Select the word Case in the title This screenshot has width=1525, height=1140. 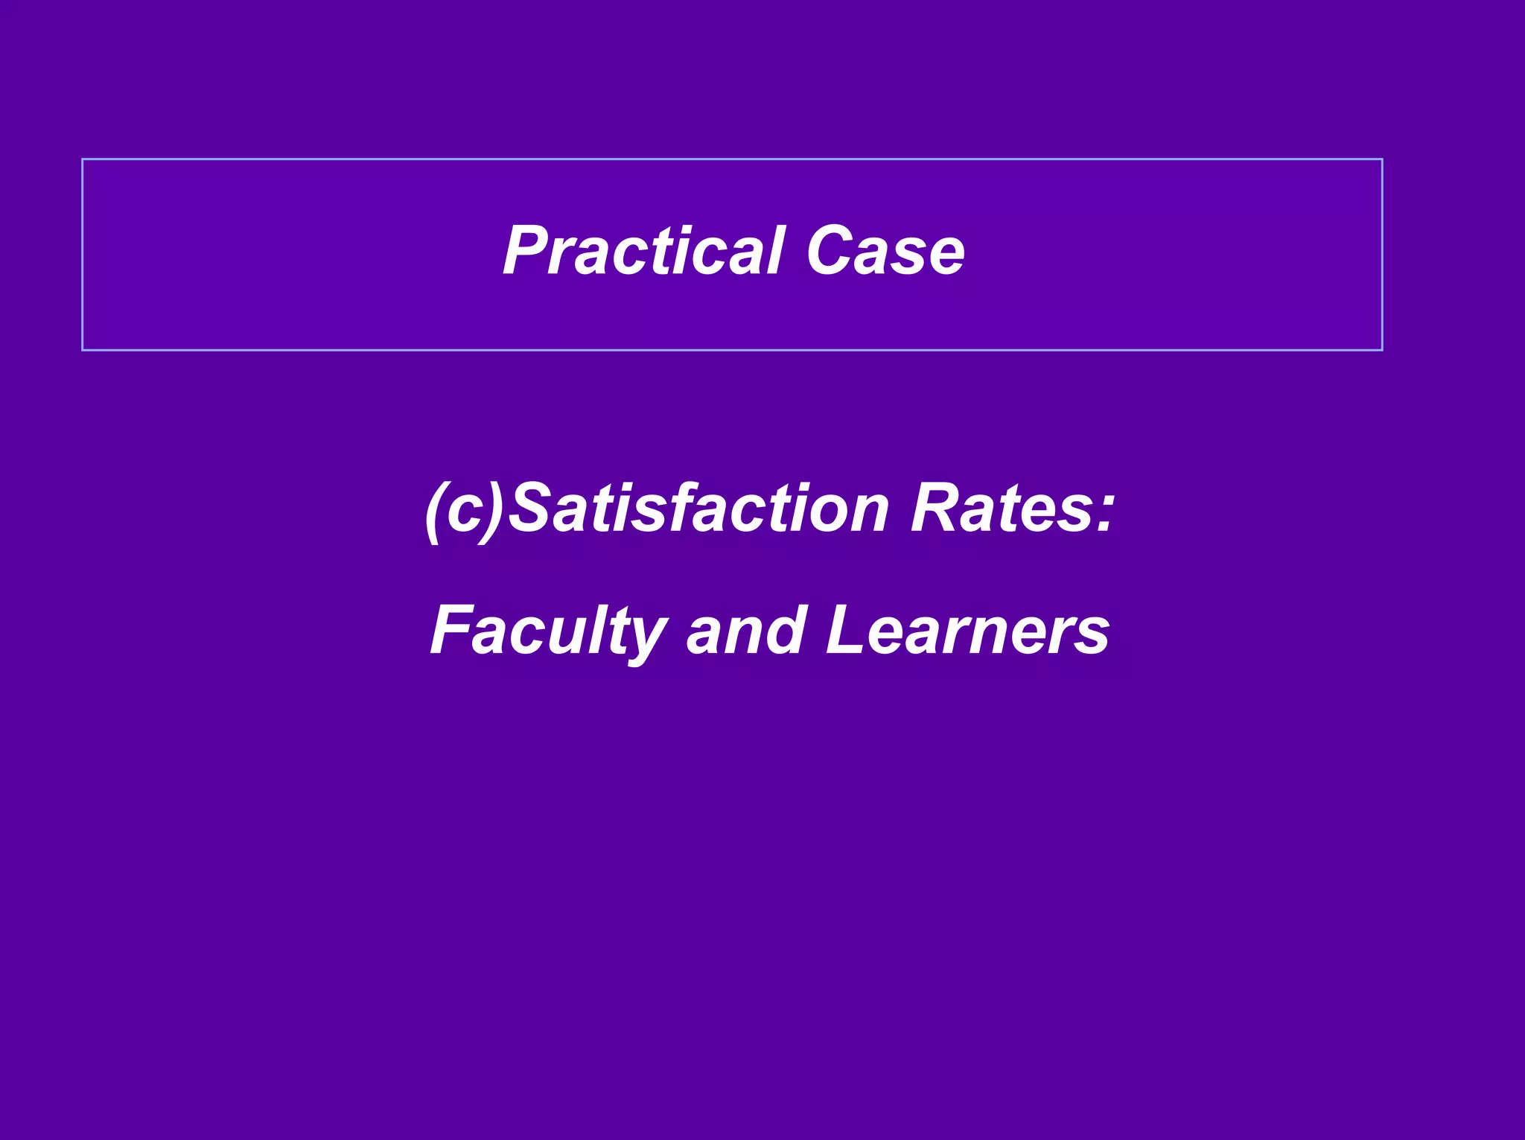[x=885, y=251]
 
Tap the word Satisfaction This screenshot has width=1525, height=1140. [x=699, y=509]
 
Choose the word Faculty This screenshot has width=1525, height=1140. [x=548, y=631]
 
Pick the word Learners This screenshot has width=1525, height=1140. [x=967, y=631]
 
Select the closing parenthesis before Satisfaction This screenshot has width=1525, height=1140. [x=493, y=512]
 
